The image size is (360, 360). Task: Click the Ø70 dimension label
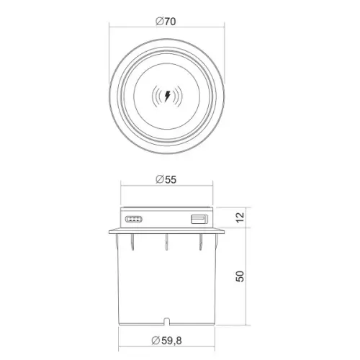click(x=166, y=22)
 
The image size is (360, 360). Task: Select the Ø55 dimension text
click(x=166, y=179)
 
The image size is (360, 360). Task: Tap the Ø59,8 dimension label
click(x=167, y=341)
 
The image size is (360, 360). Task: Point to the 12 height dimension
click(x=240, y=217)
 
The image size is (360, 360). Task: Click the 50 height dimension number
click(x=240, y=276)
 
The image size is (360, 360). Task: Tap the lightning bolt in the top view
click(x=167, y=96)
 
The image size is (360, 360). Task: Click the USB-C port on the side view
click(x=134, y=219)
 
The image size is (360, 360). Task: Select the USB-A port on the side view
click(x=199, y=220)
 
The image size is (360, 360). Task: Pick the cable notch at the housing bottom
click(x=166, y=322)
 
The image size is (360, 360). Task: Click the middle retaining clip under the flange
click(x=166, y=242)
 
